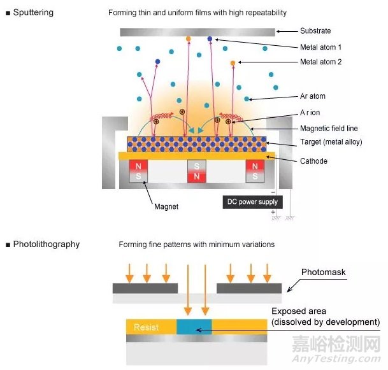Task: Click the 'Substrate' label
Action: point(315,31)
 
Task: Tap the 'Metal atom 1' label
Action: point(320,46)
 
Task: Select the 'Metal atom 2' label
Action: point(320,62)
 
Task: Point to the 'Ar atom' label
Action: point(312,97)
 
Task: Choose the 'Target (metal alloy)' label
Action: point(331,142)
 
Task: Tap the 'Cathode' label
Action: point(315,162)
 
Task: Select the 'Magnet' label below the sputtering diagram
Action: point(166,207)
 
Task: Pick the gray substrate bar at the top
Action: point(197,32)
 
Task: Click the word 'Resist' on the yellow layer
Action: point(146,327)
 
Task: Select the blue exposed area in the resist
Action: point(197,327)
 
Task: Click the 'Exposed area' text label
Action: point(299,311)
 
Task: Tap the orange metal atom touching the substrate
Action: point(188,39)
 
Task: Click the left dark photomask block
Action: point(145,288)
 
